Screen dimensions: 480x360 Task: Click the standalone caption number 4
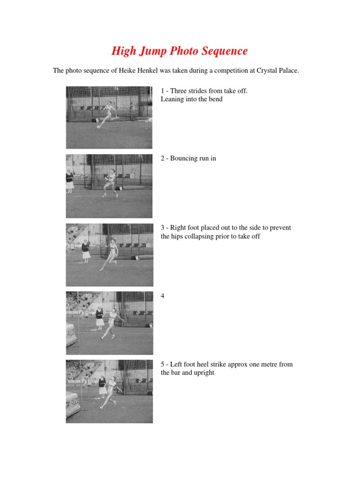click(163, 296)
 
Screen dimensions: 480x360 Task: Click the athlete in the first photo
click(108, 113)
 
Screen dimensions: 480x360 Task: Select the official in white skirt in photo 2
click(70, 180)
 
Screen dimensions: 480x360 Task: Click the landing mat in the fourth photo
click(71, 334)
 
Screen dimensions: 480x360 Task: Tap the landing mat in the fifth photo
click(73, 403)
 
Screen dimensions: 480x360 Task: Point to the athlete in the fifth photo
click(111, 391)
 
